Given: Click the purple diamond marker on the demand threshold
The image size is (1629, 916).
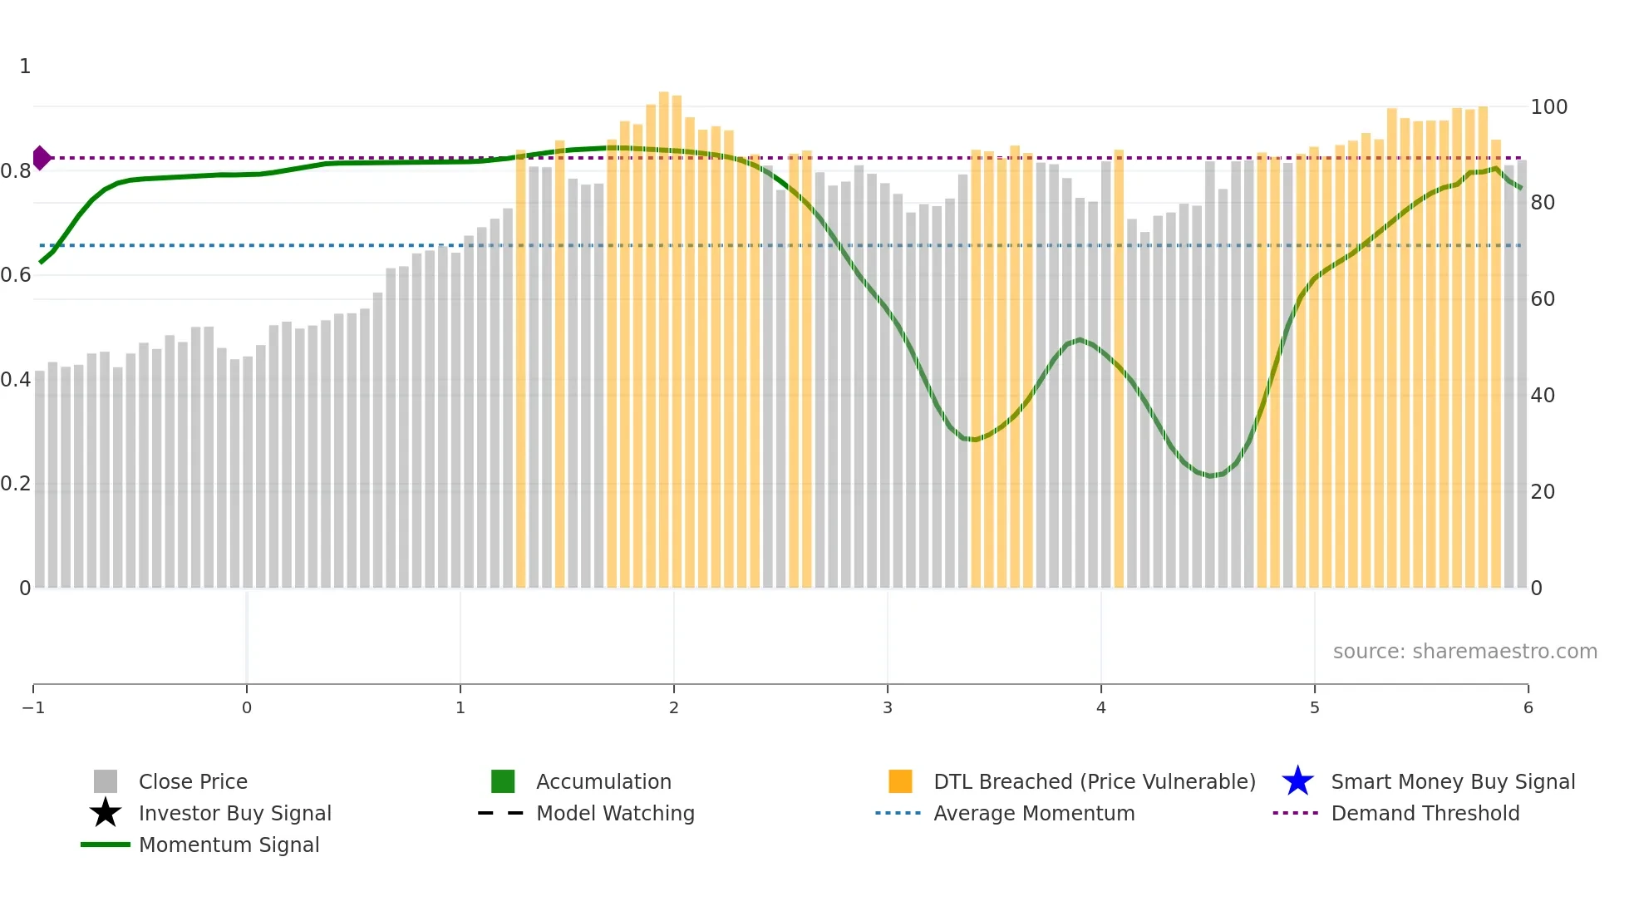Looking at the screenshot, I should (42, 158).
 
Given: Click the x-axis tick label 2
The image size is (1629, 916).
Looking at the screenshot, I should (674, 708).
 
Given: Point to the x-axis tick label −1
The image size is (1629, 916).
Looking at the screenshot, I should (33, 708).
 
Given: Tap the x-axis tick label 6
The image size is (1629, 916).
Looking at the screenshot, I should (1528, 708).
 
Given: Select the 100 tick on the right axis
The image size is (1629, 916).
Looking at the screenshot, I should (1548, 107).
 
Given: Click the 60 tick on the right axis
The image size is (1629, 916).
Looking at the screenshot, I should (1543, 299).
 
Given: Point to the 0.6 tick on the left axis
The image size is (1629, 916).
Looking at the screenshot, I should (16, 275).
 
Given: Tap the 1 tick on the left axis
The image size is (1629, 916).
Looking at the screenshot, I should (25, 66).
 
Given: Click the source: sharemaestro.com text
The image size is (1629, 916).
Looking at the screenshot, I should (1464, 652).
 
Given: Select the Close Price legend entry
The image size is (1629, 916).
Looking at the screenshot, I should (193, 782).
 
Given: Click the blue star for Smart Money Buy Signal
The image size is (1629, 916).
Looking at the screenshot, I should (1297, 782).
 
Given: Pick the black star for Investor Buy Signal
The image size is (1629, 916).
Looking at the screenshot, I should (106, 814).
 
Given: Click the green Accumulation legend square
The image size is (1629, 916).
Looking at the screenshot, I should (503, 782).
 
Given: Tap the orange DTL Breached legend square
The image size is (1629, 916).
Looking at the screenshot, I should (900, 782).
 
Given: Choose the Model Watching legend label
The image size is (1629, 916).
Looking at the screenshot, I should (615, 814).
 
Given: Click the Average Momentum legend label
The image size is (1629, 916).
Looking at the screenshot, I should (1034, 814).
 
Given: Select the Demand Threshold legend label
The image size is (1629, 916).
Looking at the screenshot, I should (1425, 814).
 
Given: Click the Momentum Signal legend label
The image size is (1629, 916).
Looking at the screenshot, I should (229, 845).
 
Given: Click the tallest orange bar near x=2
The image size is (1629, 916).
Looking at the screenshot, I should (664, 332).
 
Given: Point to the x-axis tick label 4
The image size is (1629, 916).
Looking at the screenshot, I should (1101, 708).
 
